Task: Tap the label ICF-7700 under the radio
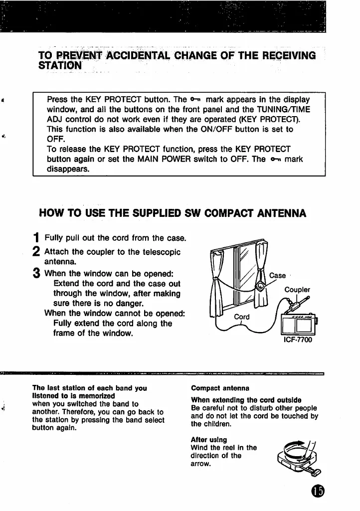(297, 341)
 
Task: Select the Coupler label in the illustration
(297, 290)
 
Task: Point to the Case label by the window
(277, 275)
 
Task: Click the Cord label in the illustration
(242, 317)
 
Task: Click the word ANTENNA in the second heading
(274, 214)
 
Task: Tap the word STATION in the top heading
(60, 66)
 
